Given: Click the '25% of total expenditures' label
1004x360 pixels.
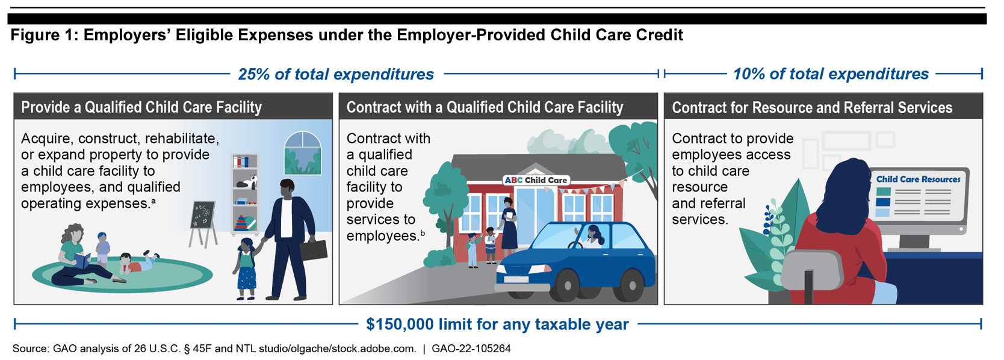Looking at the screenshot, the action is pos(336,74).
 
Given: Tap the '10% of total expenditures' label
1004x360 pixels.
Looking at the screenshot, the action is pos(831,74).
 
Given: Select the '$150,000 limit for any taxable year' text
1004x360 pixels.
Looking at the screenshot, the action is pos(497,324).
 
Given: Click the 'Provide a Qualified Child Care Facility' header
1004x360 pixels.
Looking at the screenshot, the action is pos(141,108).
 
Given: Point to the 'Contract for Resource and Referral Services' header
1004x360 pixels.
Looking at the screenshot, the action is pos(812,108).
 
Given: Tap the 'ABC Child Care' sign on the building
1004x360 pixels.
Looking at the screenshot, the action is pos(536,180).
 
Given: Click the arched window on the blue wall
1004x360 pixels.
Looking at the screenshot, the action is pos(303,153).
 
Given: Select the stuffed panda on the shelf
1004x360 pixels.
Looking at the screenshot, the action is pos(247,182).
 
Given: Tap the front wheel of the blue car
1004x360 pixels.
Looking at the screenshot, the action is pos(566,285).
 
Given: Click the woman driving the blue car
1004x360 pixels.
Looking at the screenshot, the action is pos(592,236).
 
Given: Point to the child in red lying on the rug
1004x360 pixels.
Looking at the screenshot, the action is pos(138,262).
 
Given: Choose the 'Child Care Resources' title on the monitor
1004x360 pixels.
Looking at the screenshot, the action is pos(918,179).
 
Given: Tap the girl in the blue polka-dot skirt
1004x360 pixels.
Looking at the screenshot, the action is pos(246,269).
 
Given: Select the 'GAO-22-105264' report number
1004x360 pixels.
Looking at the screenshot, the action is pos(471,349).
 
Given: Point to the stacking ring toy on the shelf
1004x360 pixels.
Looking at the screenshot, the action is pos(241,223).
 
